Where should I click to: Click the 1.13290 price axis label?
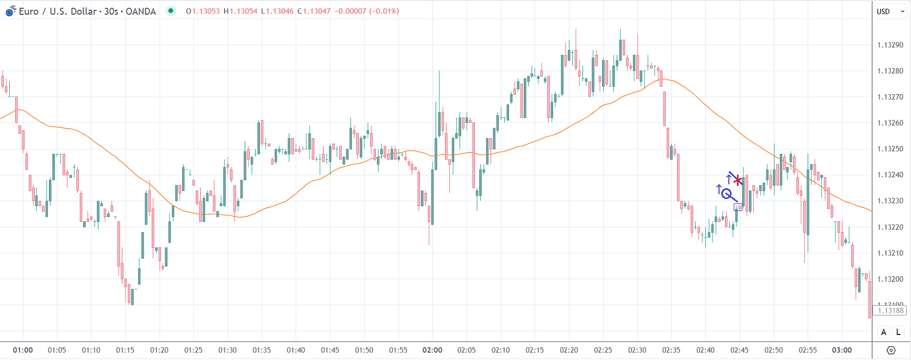pyautogui.click(x=890, y=45)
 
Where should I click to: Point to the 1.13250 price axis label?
pyautogui.click(x=890, y=149)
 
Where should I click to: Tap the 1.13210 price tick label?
pyautogui.click(x=890, y=253)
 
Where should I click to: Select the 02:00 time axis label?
pyautogui.click(x=432, y=350)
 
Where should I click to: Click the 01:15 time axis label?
pyautogui.click(x=125, y=350)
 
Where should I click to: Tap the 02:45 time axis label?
pyautogui.click(x=740, y=350)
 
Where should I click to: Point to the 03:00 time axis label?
pyautogui.click(x=842, y=350)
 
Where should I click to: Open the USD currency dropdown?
pyautogui.click(x=890, y=11)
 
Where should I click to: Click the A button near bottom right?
pyautogui.click(x=884, y=332)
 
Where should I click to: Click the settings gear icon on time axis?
pyautogui.click(x=891, y=350)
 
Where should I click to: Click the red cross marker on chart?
pyautogui.click(x=738, y=181)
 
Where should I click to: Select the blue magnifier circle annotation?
pyautogui.click(x=726, y=193)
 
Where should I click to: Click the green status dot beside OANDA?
pyautogui.click(x=171, y=11)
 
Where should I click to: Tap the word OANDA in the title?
pyautogui.click(x=140, y=11)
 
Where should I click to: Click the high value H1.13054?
pyautogui.click(x=240, y=11)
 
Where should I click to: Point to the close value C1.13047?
pyautogui.click(x=314, y=11)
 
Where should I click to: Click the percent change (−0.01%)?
pyautogui.click(x=384, y=11)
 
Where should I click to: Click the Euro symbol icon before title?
pyautogui.click(x=10, y=11)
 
